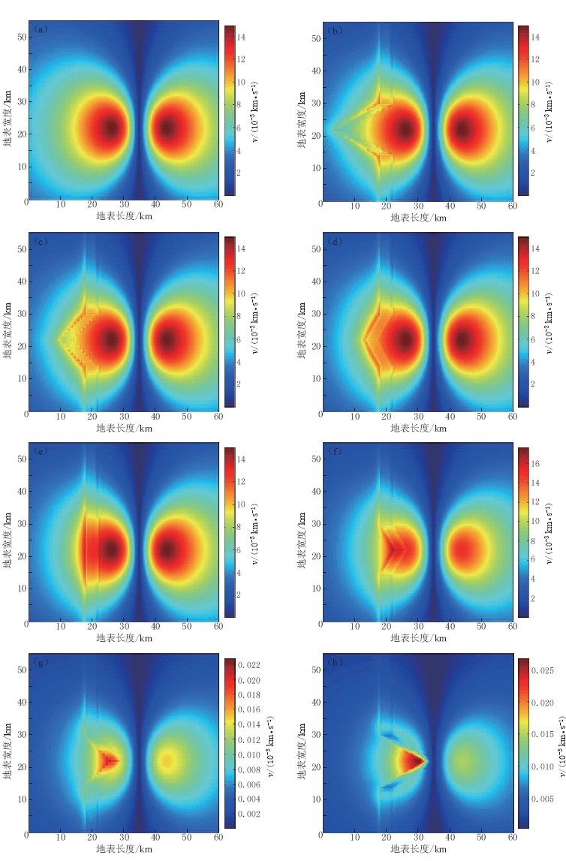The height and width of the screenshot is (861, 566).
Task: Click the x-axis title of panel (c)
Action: (124, 428)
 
